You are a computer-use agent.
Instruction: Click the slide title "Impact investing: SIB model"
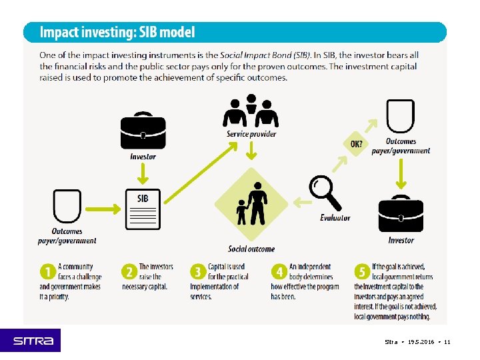[117, 32]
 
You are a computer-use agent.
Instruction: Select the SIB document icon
[143, 209]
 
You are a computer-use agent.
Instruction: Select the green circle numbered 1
[47, 272]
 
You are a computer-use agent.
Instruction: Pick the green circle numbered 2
[129, 272]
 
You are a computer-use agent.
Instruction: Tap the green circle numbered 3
[197, 272]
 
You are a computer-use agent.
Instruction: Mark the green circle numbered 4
[279, 272]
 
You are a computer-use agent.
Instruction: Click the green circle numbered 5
[362, 272]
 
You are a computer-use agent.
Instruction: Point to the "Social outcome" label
[251, 249]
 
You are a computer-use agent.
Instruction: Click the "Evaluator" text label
[335, 218]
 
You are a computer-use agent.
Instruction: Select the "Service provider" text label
[251, 134]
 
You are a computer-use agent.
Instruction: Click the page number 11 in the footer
[447, 342]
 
